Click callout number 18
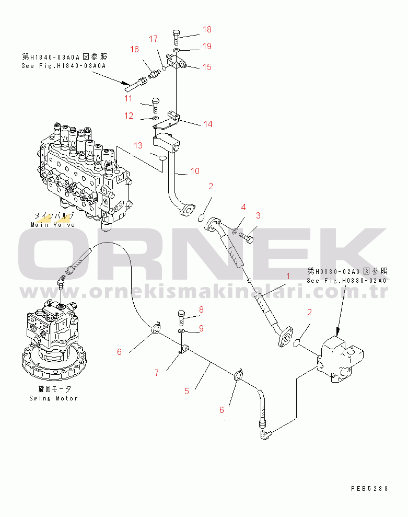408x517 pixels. pyautogui.click(x=207, y=30)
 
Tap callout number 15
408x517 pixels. pyautogui.click(x=207, y=67)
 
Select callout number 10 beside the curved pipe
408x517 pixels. pyautogui.click(x=194, y=171)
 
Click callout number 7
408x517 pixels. pyautogui.click(x=156, y=373)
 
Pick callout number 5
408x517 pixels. pyautogui.click(x=187, y=389)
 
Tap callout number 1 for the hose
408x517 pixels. pyautogui.click(x=287, y=275)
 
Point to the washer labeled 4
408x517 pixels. pyautogui.click(x=235, y=231)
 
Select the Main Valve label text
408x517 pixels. pyautogui.click(x=53, y=225)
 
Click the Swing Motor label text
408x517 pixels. pyautogui.click(x=53, y=398)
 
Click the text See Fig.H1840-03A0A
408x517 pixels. pyautogui.click(x=63, y=66)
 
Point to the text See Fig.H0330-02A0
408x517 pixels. pyautogui.click(x=346, y=281)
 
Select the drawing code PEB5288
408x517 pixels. pyautogui.click(x=369, y=488)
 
